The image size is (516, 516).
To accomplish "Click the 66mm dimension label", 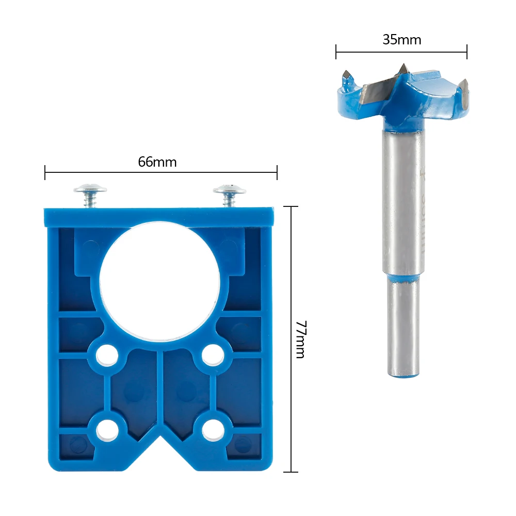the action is (157, 162).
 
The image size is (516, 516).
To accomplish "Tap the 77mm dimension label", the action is (301, 340).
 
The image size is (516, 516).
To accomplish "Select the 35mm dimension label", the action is (402, 40).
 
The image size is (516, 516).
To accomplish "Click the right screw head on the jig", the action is (230, 189).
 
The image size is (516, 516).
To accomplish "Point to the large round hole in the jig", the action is (160, 281).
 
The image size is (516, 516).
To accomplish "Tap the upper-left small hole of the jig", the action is (107, 356).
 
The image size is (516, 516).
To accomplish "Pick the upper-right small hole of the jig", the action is (213, 355).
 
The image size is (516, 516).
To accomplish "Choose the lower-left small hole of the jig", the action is (107, 430).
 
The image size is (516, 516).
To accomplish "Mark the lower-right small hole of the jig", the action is (213, 430).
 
